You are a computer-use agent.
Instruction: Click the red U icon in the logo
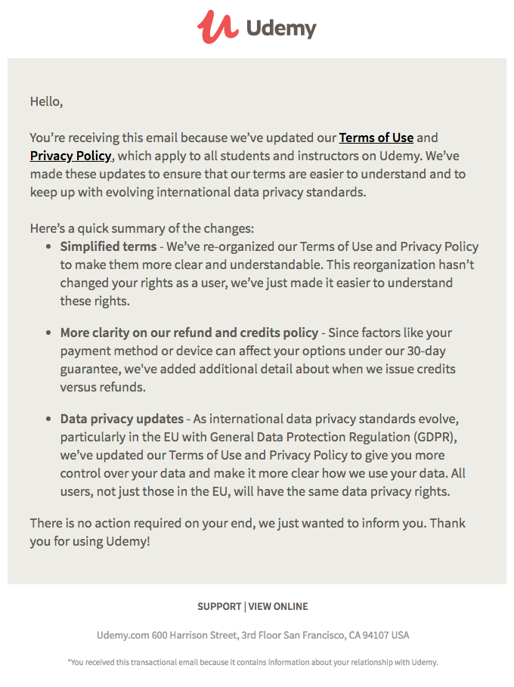tap(217, 27)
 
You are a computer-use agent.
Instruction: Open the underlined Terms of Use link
tap(376, 138)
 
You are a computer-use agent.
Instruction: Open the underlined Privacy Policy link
tap(70, 156)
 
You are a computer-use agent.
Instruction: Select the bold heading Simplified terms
tap(108, 246)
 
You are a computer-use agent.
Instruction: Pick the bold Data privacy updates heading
tap(122, 419)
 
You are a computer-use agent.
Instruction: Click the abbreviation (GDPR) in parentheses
tap(435, 437)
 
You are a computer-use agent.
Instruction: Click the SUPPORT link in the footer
tap(218, 606)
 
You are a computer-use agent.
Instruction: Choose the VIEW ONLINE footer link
tap(278, 606)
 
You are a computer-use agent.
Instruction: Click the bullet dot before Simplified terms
tap(49, 247)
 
